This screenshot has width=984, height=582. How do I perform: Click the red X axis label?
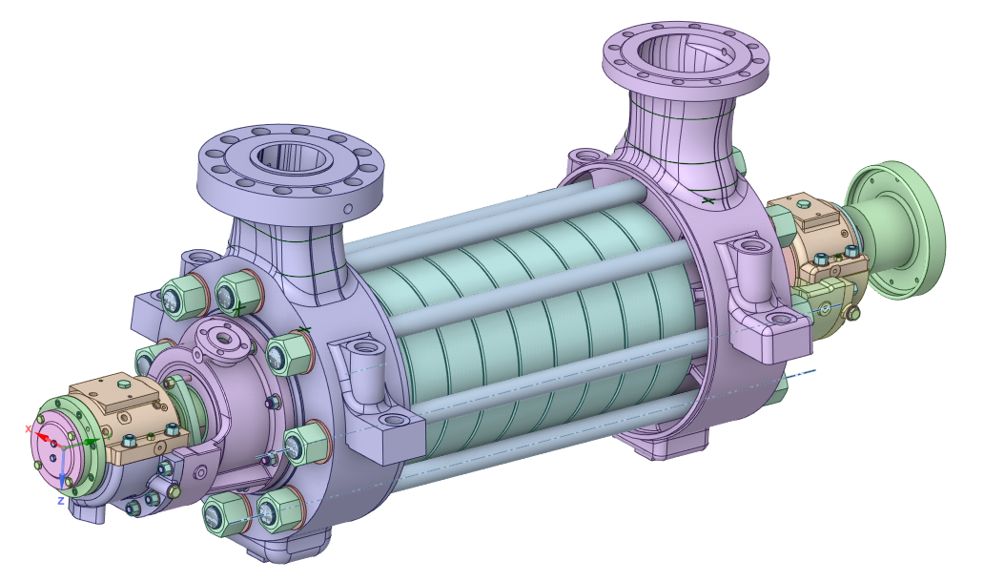(28, 428)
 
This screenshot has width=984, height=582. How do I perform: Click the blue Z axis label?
(60, 501)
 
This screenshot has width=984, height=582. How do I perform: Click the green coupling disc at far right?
(895, 229)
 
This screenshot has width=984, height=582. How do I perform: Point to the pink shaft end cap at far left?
(51, 447)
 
